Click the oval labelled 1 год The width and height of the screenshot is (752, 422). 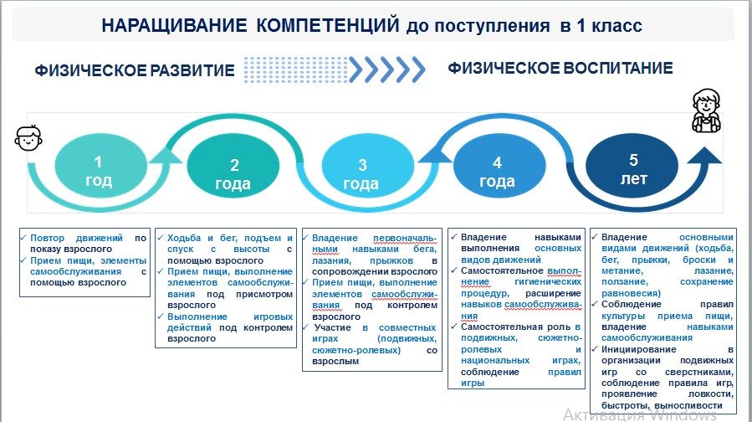click(98, 170)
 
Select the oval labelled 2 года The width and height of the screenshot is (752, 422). click(233, 174)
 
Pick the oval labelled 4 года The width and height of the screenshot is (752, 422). click(497, 172)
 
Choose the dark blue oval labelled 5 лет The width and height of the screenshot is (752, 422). click(633, 167)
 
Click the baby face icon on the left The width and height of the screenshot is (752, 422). click(28, 138)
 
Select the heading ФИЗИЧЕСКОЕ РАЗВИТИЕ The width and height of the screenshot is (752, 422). click(135, 70)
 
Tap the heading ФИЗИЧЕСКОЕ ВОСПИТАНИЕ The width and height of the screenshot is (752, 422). click(560, 68)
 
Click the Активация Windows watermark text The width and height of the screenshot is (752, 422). click(640, 414)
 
